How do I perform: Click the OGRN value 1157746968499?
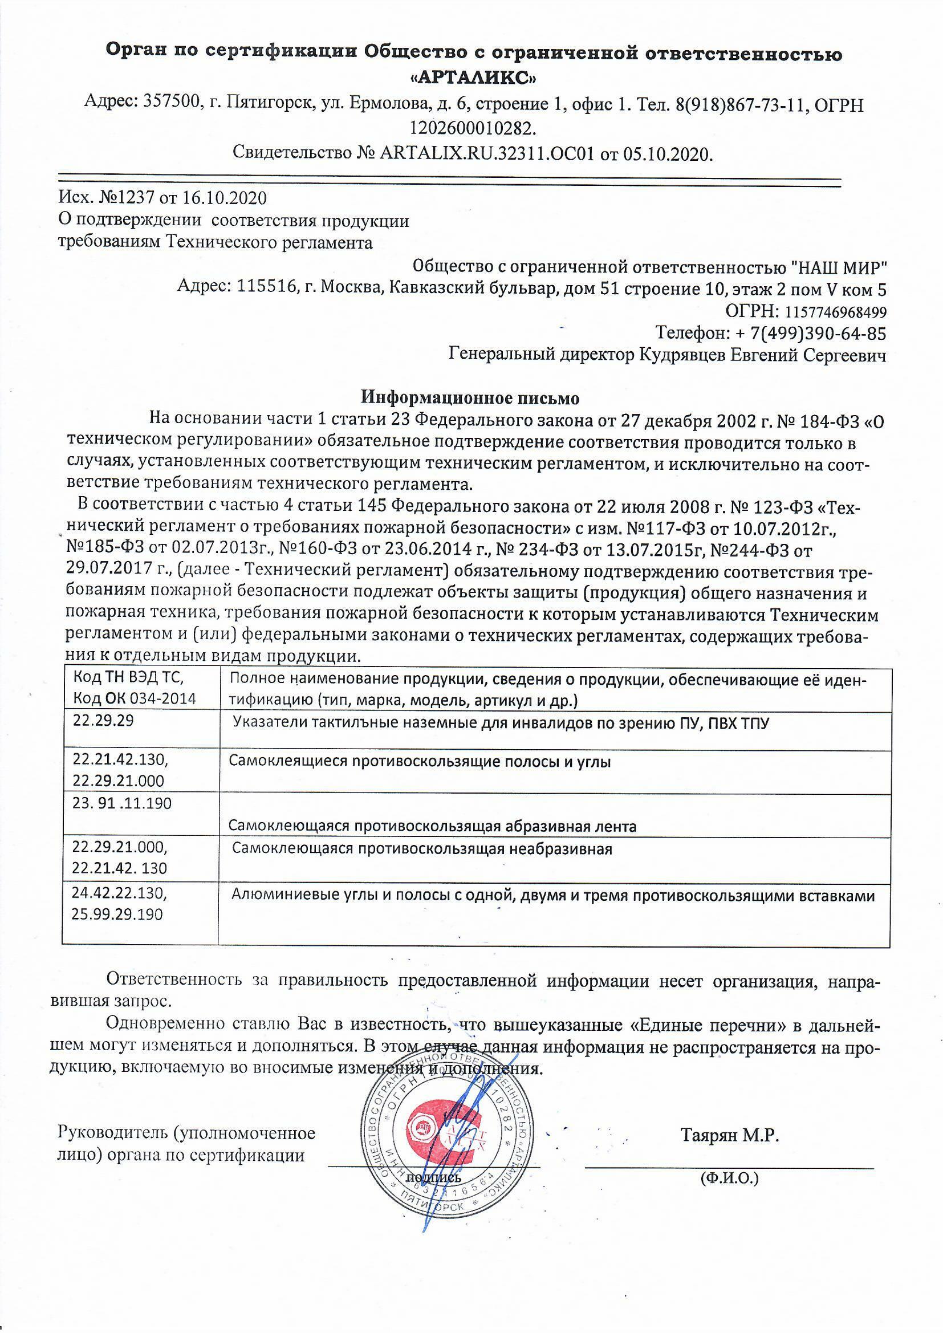[x=836, y=312]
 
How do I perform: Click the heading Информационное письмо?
[x=470, y=399]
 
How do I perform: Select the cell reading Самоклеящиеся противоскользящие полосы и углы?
[x=420, y=762]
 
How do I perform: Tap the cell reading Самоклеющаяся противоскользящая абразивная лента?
[x=432, y=826]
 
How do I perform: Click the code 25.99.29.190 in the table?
[x=117, y=915]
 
